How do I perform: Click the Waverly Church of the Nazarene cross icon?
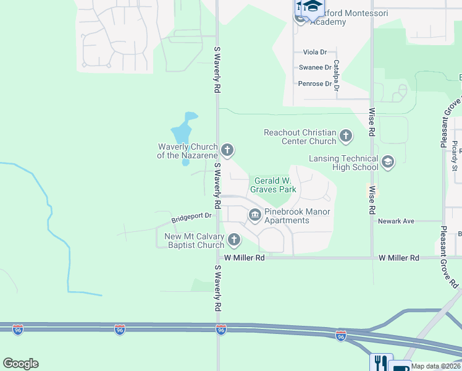(227, 150)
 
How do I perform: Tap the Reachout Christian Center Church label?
(300, 137)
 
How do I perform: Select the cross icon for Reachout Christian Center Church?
(346, 135)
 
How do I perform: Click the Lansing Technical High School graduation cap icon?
(387, 162)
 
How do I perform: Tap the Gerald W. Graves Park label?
(275, 185)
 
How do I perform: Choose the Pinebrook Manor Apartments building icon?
(254, 215)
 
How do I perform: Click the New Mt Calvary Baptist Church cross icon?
(234, 240)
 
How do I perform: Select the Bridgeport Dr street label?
(191, 216)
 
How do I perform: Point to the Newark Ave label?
(396, 221)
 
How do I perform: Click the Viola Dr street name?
(315, 53)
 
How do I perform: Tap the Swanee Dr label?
(315, 67)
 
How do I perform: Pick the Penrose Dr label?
(315, 83)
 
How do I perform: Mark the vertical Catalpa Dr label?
(337, 75)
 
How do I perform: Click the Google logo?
(20, 364)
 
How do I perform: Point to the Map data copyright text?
(436, 366)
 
